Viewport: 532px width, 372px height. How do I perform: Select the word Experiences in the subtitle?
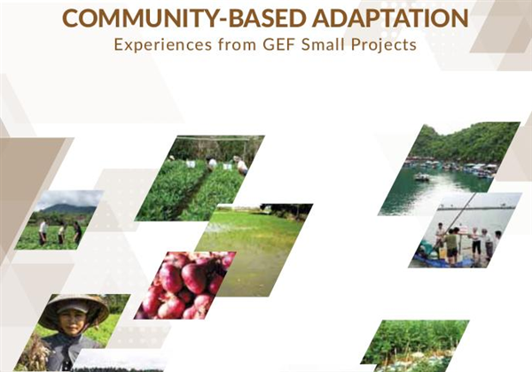tap(163, 45)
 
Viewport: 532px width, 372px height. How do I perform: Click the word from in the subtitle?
tap(237, 44)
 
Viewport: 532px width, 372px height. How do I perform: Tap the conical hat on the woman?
tap(74, 308)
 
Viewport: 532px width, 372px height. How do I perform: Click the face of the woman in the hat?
tap(73, 319)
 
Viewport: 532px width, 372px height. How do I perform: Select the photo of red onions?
tap(185, 285)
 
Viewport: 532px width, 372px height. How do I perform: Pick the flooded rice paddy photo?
tap(254, 249)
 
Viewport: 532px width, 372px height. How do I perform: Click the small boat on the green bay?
tap(421, 177)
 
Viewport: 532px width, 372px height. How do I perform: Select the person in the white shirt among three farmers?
tap(43, 232)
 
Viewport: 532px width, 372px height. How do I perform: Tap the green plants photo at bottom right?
tap(416, 345)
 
